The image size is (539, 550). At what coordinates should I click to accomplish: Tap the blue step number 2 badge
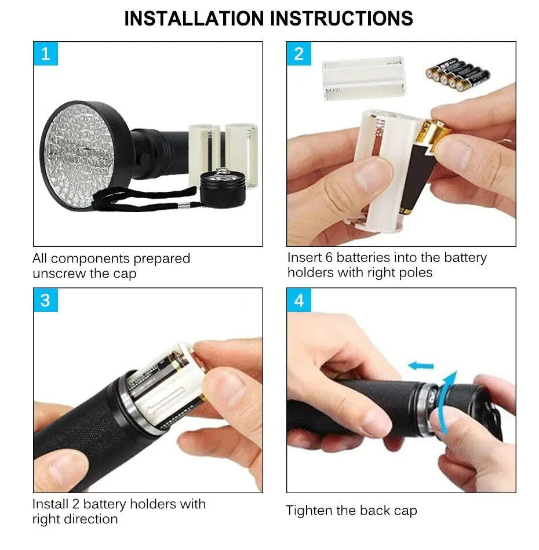click(299, 54)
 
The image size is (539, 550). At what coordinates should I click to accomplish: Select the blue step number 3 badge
click(46, 301)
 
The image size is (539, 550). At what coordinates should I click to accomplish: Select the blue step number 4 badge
click(299, 301)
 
